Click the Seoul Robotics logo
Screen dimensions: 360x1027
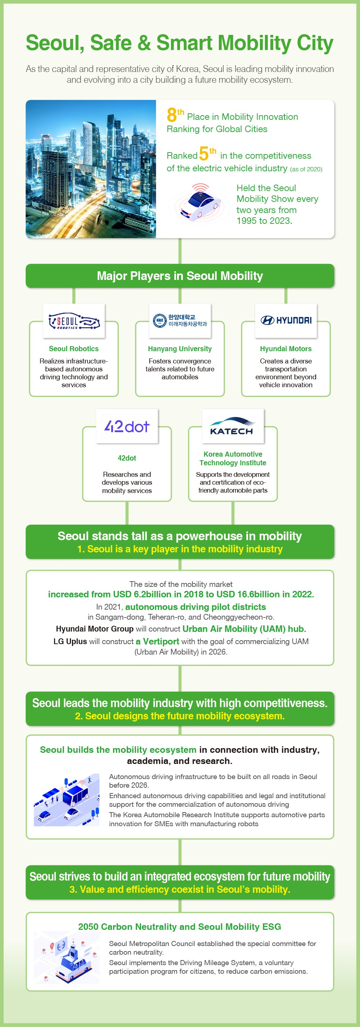[74, 321]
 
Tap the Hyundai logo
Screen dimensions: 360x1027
[286, 320]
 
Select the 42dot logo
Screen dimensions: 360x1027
[127, 426]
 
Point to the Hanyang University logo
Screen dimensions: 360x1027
[180, 321]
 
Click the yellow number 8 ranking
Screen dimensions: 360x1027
[172, 115]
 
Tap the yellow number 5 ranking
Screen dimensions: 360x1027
[203, 154]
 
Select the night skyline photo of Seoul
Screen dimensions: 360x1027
[91, 169]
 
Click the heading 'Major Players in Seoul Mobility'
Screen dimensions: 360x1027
[180, 276]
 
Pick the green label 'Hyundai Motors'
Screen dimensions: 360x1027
[286, 349]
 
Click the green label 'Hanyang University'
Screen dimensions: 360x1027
[180, 349]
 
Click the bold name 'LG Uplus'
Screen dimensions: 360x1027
[70, 642]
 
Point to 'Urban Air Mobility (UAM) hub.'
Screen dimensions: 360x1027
[244, 629]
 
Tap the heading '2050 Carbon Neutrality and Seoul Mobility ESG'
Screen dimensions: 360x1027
[180, 927]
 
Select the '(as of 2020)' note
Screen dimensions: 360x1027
[306, 169]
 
